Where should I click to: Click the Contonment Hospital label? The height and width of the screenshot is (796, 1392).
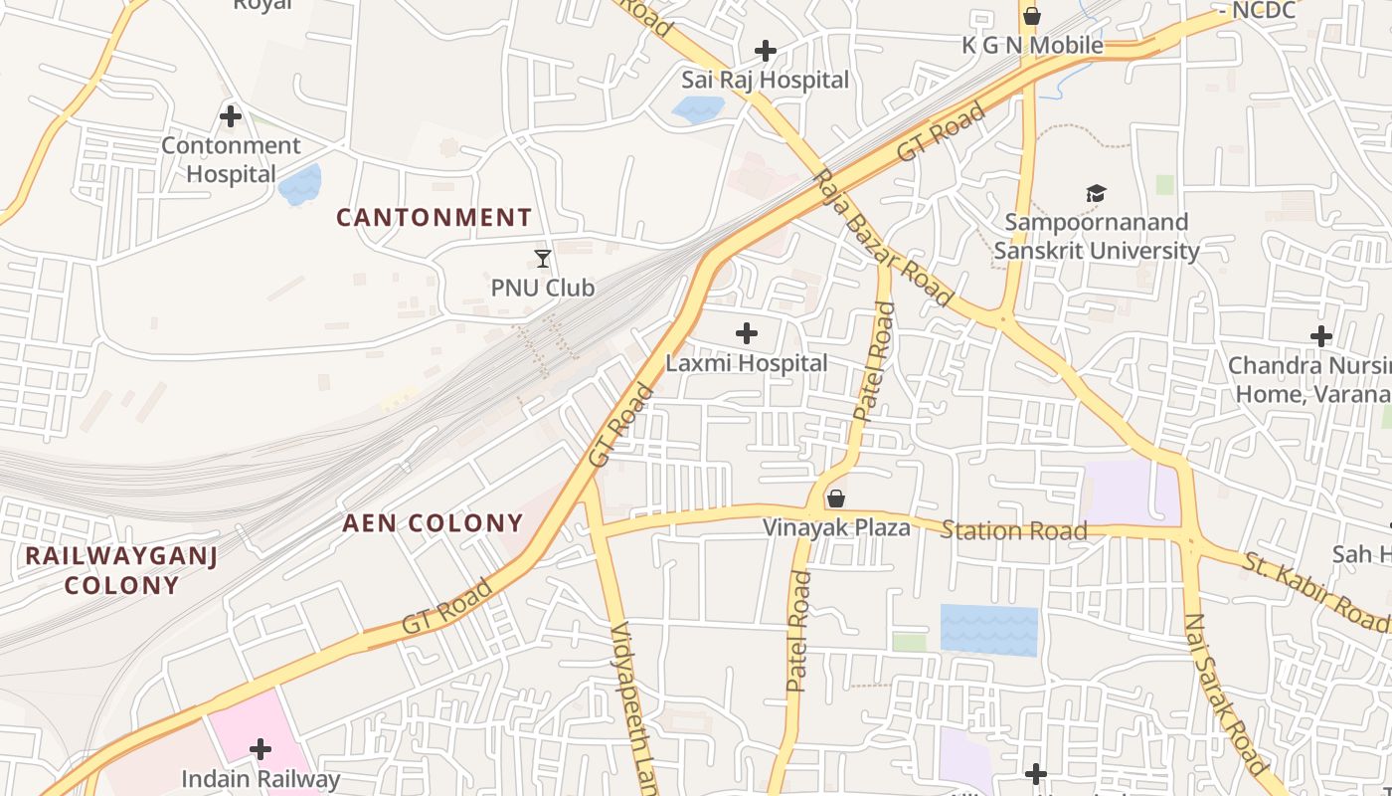pos(231,159)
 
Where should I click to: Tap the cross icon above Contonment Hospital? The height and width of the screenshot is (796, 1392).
pos(231,116)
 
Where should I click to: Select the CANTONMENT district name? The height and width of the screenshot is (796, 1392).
pos(434,217)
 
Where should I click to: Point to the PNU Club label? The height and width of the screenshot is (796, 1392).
pos(543,288)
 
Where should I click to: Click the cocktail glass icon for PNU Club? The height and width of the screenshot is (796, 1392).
pos(543,259)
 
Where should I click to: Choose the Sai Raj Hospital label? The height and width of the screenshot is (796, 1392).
pos(765,80)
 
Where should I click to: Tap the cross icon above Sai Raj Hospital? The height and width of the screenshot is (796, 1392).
pos(766,50)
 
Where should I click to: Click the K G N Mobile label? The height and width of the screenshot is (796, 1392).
pos(1033,45)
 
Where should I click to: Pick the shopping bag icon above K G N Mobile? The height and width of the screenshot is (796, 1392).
pos(1032,16)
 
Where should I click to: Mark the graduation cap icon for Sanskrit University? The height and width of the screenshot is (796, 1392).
pos(1096,193)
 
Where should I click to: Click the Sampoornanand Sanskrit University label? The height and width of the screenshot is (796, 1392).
pos(1096,236)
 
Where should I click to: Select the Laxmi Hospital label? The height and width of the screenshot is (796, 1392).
pos(746,363)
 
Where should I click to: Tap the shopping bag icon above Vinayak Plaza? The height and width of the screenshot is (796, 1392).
pos(836,497)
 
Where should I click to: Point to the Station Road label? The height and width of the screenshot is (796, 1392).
pos(1014,530)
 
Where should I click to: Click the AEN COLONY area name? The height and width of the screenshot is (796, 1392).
pos(433,522)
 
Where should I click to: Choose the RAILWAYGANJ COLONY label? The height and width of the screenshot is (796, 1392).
pos(121,570)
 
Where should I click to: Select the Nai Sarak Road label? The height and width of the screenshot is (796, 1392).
pos(1225,695)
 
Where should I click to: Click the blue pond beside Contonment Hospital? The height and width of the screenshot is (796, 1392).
pos(301,184)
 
